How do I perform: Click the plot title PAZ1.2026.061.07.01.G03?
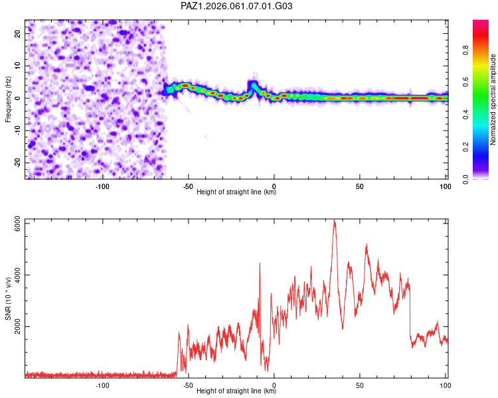[236, 6]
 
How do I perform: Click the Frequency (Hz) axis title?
[8, 99]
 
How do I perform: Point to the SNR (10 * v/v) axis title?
[8, 298]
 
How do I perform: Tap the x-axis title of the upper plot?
[236, 192]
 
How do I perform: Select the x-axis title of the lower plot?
[236, 391]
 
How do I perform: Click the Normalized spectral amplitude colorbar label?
[493, 99]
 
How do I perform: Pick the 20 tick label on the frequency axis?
[17, 33]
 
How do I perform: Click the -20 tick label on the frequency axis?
[17, 163]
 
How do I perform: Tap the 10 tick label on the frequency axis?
[17, 66]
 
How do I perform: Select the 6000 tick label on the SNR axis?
[17, 224]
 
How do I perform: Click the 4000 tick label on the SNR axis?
[17, 275]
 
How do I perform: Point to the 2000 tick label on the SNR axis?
[17, 326]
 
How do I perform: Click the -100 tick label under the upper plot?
[102, 186]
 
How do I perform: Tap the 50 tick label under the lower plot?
[359, 385]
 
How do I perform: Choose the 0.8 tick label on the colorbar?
[465, 50]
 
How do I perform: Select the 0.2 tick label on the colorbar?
[465, 147]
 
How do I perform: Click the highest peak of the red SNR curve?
[334, 220]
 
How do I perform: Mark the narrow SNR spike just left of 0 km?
[260, 263]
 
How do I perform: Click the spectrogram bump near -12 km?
[253, 84]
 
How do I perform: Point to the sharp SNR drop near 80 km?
[410, 311]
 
